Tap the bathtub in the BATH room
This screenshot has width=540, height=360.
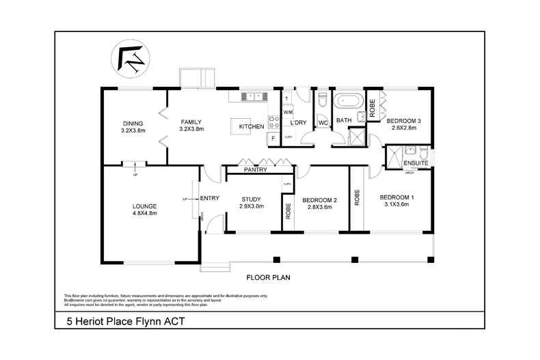[349, 101]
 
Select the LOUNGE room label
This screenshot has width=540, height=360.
[145, 206]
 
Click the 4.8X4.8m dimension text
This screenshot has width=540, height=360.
[145, 213]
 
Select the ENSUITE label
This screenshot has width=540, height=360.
[416, 164]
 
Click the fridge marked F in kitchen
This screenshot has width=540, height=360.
[273, 138]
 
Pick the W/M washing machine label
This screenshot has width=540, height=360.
[288, 111]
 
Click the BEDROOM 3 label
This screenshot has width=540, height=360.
[403, 120]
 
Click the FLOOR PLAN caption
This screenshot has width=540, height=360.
[269, 278]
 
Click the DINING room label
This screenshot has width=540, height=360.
[133, 123]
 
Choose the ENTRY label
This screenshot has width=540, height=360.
[209, 199]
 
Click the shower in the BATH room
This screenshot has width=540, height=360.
[355, 137]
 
